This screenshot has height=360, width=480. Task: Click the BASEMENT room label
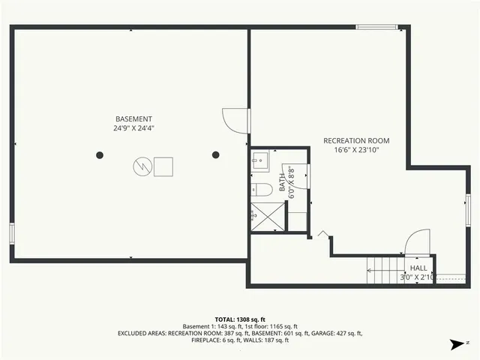click(133, 119)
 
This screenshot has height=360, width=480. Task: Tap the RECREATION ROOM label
click(356, 140)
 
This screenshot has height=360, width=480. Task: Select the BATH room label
click(283, 181)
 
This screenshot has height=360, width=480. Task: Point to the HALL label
click(418, 268)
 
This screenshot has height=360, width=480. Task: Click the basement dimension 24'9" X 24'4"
click(133, 128)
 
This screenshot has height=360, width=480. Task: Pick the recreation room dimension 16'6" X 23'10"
click(356, 149)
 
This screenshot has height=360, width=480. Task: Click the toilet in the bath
click(258, 188)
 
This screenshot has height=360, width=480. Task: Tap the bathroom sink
click(259, 158)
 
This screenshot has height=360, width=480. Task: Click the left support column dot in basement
click(100, 155)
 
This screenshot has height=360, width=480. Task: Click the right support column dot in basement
click(215, 155)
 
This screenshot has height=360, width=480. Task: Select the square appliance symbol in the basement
click(163, 165)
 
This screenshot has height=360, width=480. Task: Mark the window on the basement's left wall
click(11, 232)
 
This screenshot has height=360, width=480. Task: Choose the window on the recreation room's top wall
click(377, 27)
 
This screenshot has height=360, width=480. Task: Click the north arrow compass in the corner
click(454, 344)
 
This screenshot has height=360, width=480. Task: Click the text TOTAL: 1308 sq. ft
click(239, 319)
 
